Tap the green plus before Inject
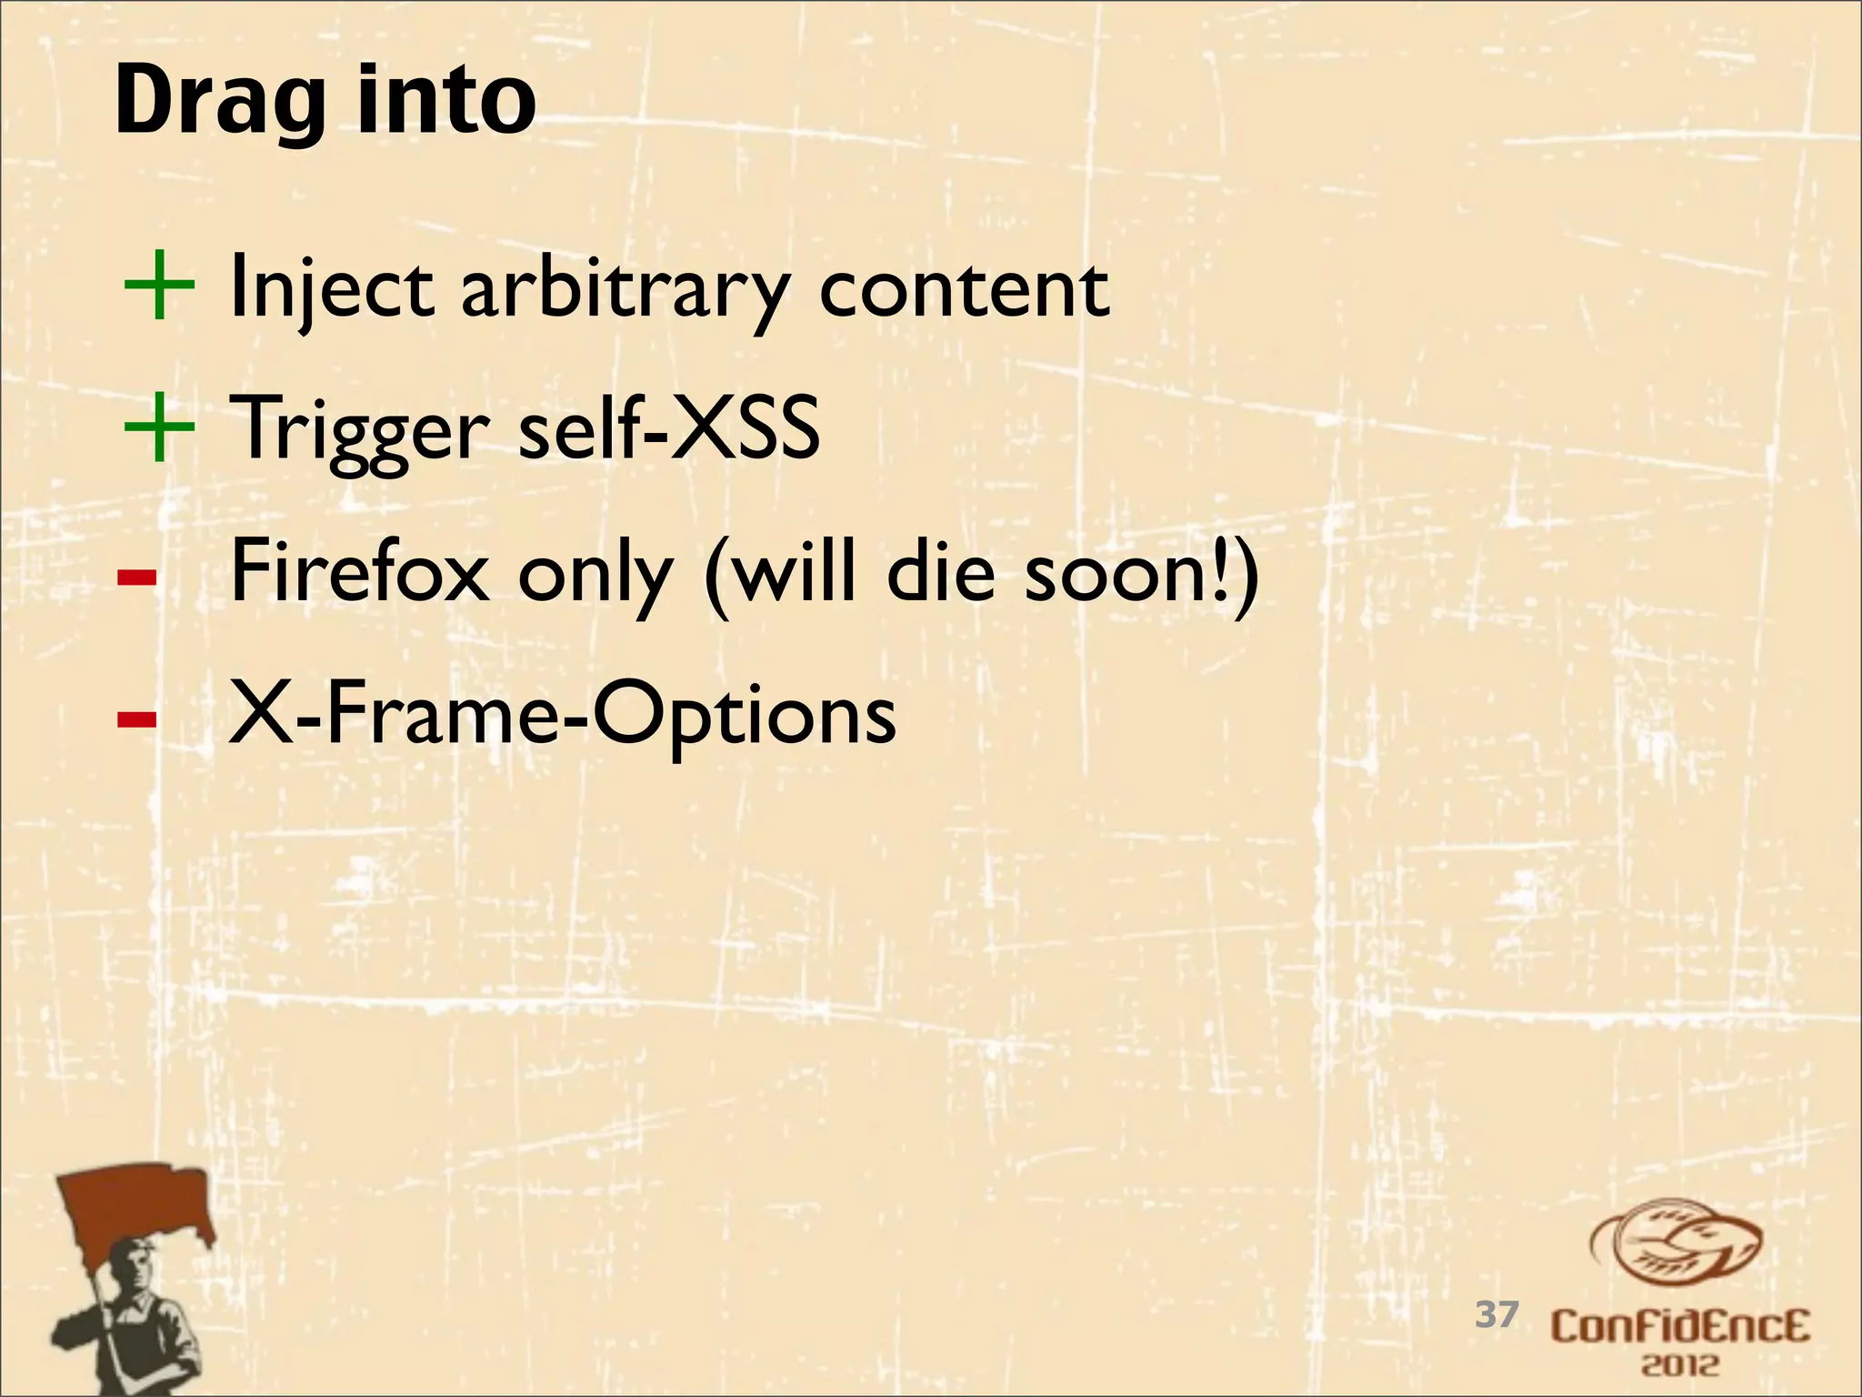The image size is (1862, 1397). click(x=158, y=286)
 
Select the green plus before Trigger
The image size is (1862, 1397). click(x=158, y=427)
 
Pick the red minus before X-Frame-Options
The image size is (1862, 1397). click(x=136, y=719)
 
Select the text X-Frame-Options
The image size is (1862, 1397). click(x=562, y=715)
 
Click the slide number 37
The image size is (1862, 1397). click(x=1497, y=1314)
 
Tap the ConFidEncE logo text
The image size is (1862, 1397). click(x=1680, y=1326)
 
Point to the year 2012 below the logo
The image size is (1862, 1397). click(x=1680, y=1365)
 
